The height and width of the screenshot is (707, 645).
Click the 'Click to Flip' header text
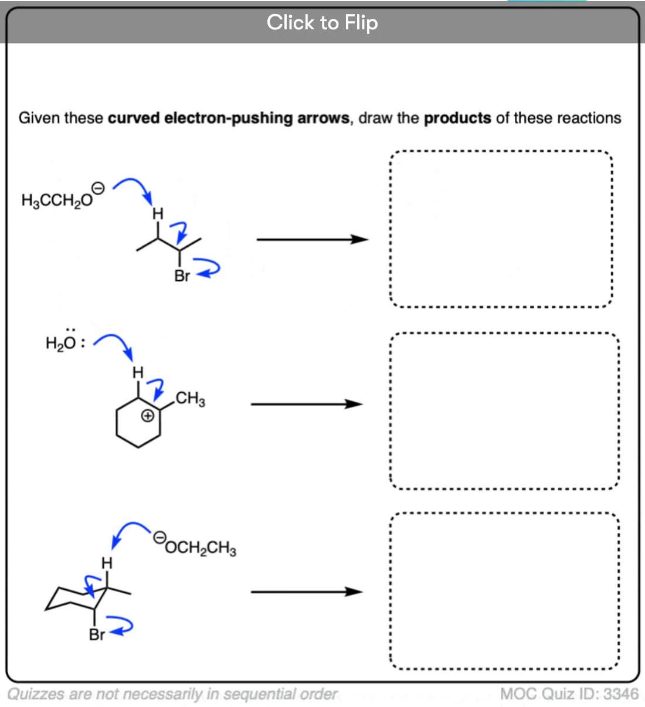click(322, 23)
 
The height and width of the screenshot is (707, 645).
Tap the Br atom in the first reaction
click(182, 276)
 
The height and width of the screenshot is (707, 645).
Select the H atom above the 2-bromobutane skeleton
click(158, 213)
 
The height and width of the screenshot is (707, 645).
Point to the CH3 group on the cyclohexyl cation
click(191, 399)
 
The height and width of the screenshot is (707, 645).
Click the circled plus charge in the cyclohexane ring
click(147, 416)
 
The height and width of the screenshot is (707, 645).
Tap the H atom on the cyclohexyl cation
click(138, 372)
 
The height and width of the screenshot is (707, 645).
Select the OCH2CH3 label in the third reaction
click(201, 548)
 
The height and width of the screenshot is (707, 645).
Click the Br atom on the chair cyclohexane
click(97, 635)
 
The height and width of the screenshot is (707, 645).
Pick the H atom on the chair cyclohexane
click(107, 563)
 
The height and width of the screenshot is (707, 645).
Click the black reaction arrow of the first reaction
click(313, 240)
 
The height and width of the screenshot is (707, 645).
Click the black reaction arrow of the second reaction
click(307, 404)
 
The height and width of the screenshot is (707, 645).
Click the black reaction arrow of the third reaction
click(307, 592)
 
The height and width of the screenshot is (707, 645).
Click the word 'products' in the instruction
click(457, 118)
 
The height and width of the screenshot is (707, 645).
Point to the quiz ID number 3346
click(621, 694)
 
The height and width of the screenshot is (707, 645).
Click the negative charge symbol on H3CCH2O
click(98, 188)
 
